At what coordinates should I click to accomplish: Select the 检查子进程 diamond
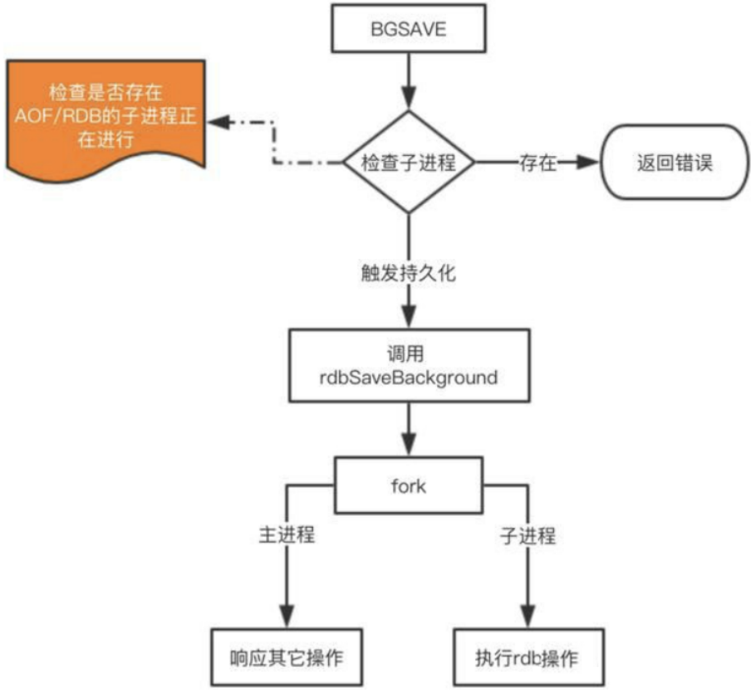pyautogui.click(x=408, y=163)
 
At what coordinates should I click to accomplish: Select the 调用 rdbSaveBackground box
pyautogui.click(x=408, y=366)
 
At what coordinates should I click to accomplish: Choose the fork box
pyautogui.click(x=408, y=485)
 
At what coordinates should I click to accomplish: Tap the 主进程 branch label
pyautogui.click(x=287, y=535)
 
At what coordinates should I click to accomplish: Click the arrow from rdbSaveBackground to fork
pyautogui.click(x=408, y=431)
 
